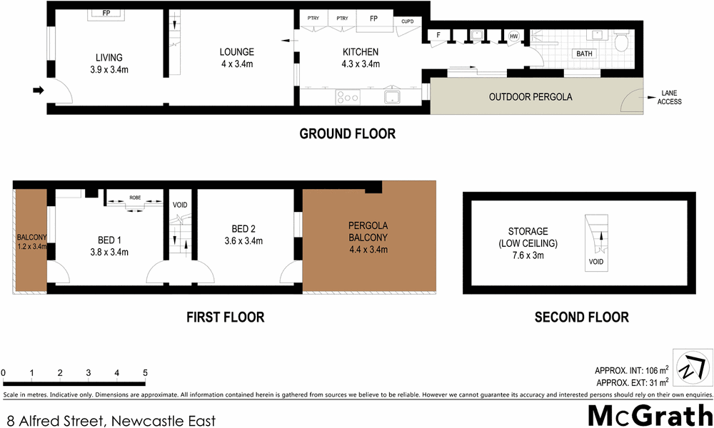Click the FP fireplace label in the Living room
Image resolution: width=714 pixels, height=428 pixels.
(x=105, y=14)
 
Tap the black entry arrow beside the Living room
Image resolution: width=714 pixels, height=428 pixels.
(x=39, y=90)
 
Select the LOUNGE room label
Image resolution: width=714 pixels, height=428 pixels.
(x=236, y=52)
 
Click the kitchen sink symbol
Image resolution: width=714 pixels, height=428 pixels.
(x=393, y=96)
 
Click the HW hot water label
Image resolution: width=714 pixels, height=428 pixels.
(x=513, y=36)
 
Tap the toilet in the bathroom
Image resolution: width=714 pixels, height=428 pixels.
(x=620, y=43)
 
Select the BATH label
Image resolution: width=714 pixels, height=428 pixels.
(x=584, y=54)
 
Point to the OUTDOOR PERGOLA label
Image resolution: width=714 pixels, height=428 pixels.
(x=531, y=96)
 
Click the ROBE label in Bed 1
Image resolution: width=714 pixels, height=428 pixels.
(x=135, y=198)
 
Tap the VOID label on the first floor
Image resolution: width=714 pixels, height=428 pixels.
(x=181, y=205)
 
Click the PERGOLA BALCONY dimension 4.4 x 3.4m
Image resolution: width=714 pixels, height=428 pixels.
(x=368, y=249)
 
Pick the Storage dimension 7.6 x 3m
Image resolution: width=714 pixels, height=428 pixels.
(x=528, y=255)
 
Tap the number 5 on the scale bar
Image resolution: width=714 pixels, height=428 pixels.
(x=145, y=372)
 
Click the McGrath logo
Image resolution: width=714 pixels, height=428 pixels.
(x=648, y=414)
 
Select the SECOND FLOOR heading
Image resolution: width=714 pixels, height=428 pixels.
(x=581, y=317)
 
